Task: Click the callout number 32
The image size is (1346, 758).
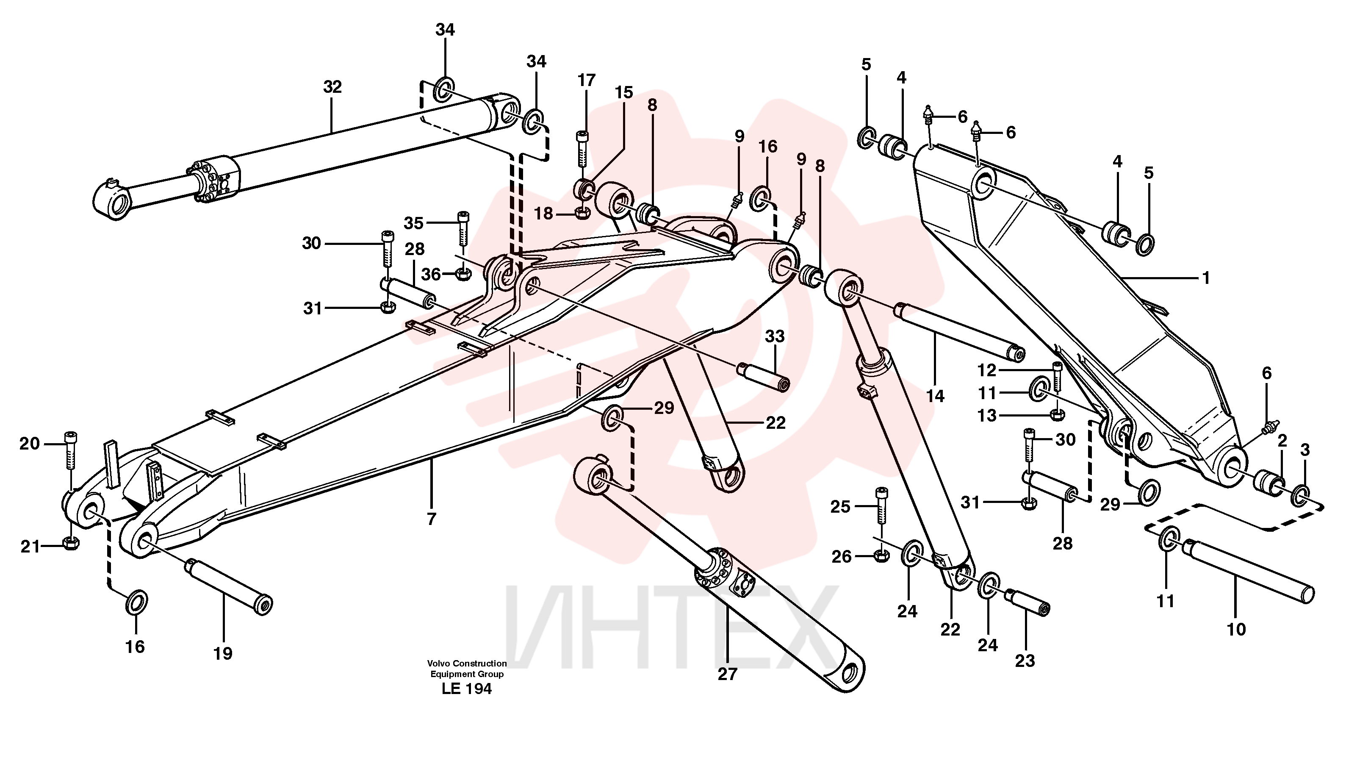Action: pos(332,87)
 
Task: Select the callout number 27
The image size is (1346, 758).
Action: pos(727,675)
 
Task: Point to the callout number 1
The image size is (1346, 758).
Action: pos(1205,278)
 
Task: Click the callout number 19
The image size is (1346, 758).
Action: pos(223,653)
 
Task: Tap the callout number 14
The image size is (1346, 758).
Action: pos(935,396)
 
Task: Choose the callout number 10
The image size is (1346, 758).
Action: pos(1236,629)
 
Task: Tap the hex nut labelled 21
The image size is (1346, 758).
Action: pos(71,543)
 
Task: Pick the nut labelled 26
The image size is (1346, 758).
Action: pos(881,556)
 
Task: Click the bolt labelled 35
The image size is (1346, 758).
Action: pos(463,228)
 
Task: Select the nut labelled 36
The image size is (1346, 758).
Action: pos(462,273)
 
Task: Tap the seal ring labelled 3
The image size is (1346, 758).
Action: pos(1301,496)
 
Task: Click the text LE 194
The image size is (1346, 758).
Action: pos(467,689)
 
